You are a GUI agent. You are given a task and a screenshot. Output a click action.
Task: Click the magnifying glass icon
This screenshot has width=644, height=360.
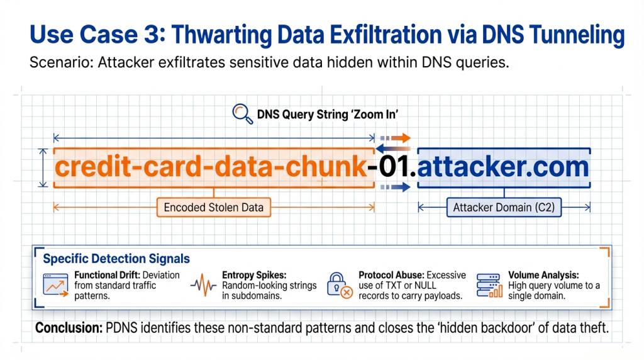242,114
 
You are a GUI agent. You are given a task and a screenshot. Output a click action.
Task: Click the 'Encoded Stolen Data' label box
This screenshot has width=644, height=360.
214,207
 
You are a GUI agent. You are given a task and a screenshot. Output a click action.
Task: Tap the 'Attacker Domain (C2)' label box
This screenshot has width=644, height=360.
504,207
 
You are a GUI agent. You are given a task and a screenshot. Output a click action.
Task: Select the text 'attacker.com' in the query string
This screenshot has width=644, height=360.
503,166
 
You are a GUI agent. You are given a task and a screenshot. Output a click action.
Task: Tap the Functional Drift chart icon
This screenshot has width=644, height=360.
55,285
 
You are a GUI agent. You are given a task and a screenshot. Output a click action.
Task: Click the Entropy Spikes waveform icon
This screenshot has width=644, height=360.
203,285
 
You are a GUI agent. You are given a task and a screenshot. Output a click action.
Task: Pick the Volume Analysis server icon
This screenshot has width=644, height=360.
489,285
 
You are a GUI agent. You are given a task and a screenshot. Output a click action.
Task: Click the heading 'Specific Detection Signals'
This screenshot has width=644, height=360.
116,259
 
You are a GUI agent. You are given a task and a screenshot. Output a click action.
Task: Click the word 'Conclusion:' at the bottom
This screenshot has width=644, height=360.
69,328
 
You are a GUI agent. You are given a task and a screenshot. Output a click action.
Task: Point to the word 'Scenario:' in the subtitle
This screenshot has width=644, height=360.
61,62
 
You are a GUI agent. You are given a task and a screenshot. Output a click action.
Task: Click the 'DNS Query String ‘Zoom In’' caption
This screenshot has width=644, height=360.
327,115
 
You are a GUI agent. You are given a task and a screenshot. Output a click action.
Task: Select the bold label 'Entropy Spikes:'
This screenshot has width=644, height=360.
254,275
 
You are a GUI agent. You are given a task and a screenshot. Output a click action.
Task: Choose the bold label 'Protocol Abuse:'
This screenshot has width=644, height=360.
391,275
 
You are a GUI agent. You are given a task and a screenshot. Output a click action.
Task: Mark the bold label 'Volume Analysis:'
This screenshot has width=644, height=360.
543,275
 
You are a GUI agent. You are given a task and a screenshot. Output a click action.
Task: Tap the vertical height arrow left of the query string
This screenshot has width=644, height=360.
43,168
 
